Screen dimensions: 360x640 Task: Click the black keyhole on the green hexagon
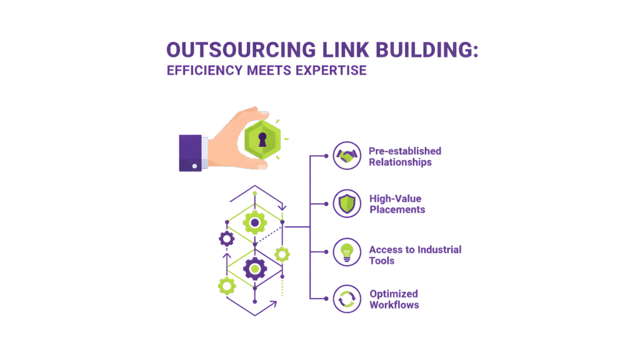point(261,139)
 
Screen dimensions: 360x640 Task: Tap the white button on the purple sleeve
point(194,166)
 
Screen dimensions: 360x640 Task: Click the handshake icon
point(346,156)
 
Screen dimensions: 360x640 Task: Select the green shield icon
point(346,204)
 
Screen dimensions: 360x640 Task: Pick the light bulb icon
point(346,252)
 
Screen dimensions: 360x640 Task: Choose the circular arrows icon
point(346,299)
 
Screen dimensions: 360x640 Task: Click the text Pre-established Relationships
point(404,156)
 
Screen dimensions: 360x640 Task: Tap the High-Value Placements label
point(397,204)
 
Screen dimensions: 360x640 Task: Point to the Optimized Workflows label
point(394,299)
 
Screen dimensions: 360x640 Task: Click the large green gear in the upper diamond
point(255,221)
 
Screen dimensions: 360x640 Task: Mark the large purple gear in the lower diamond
point(255,269)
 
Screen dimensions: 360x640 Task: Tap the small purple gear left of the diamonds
point(226,237)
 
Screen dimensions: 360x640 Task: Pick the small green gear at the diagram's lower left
point(226,285)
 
